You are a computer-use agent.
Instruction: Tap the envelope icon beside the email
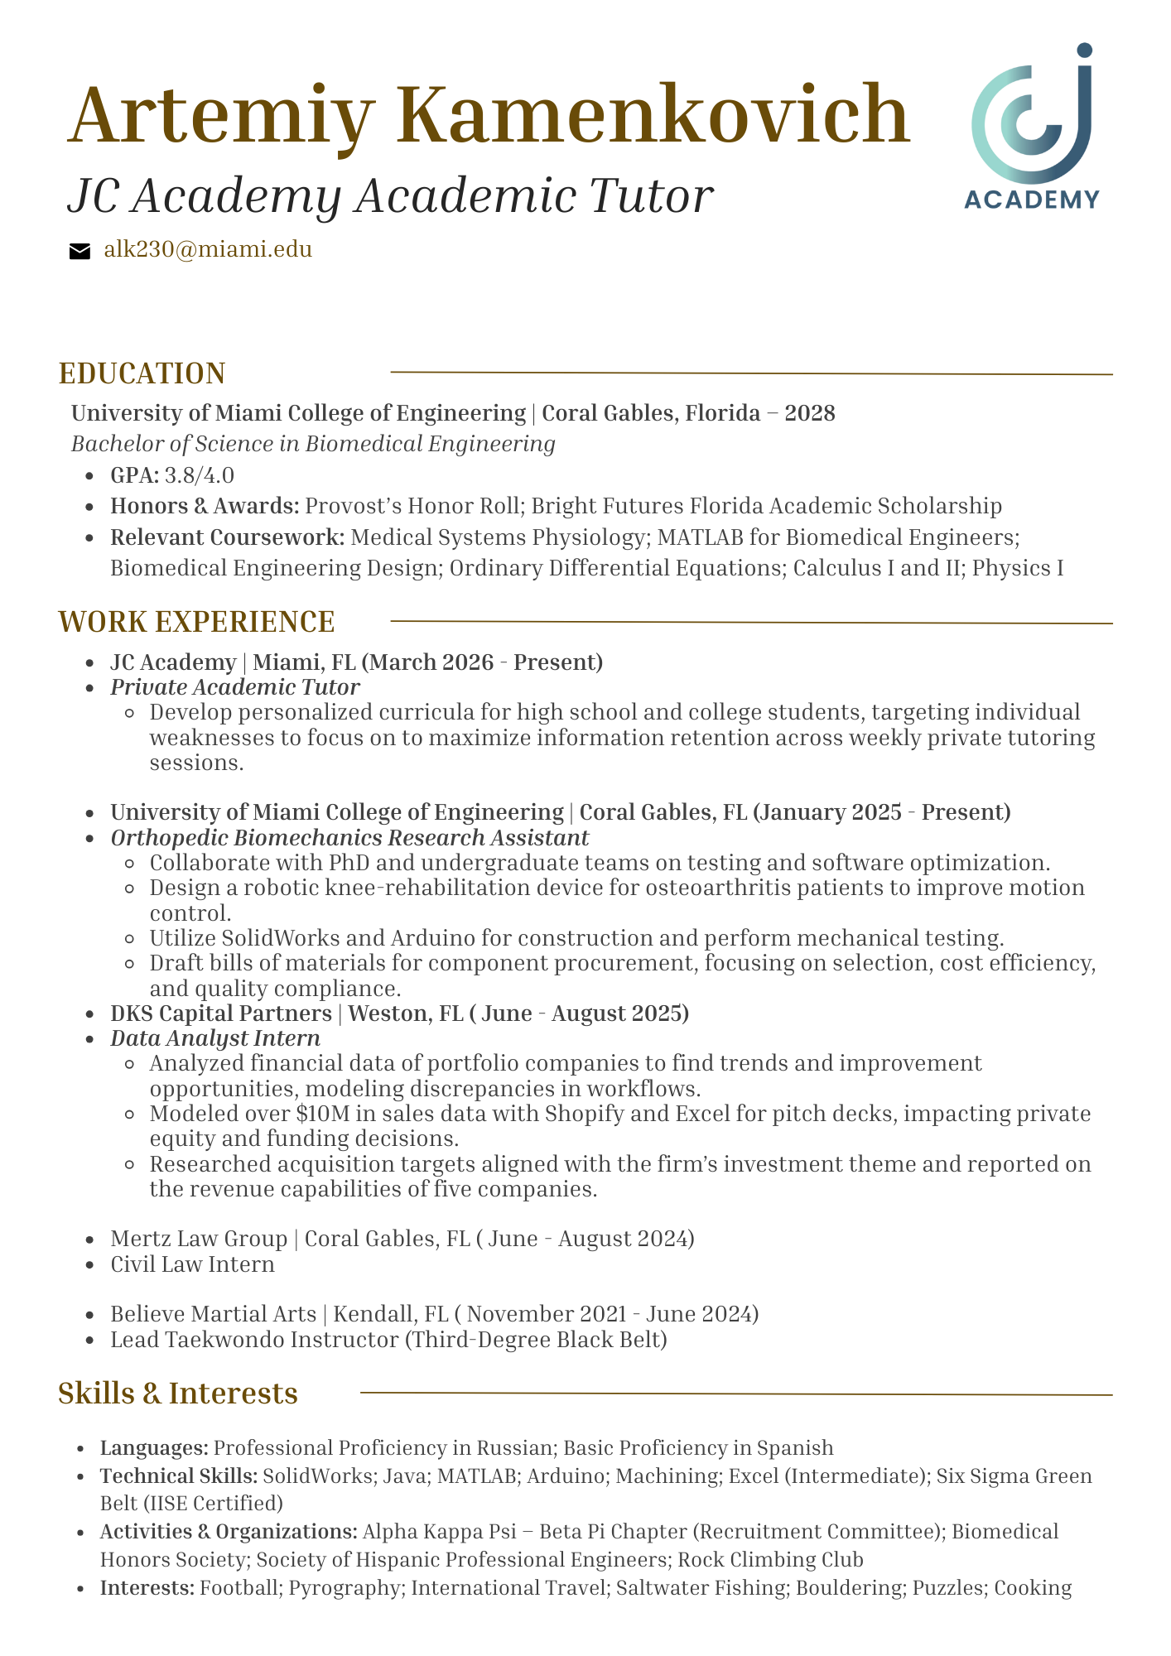80,252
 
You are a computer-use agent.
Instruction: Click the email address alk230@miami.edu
208,250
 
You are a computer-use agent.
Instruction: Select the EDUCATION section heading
142,373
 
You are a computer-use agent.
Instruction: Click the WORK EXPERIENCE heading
196,622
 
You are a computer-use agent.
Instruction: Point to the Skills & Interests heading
178,1394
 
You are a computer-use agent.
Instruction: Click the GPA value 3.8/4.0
199,475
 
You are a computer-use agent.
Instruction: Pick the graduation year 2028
809,412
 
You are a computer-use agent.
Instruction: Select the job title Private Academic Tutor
235,687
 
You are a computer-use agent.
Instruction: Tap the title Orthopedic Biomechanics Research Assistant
349,837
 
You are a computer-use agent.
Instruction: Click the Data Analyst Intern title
215,1038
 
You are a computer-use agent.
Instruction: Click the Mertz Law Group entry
199,1239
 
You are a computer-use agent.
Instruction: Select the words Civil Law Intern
192,1264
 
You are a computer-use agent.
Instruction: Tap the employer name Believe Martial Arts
213,1314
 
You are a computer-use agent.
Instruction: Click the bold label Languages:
154,1447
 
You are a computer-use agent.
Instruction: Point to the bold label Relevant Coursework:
228,537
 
